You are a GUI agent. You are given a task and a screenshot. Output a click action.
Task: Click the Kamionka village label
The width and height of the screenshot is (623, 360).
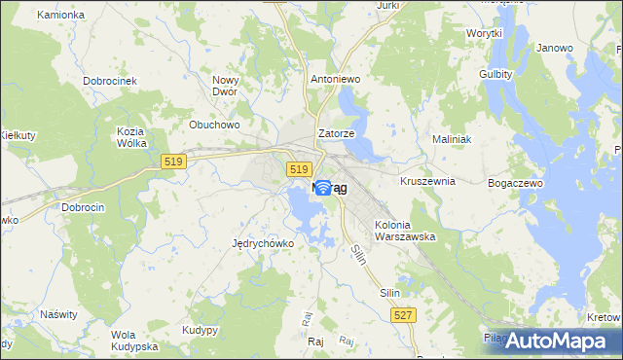tap(59, 16)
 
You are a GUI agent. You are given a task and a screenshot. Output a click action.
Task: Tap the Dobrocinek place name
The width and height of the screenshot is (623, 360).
tap(109, 82)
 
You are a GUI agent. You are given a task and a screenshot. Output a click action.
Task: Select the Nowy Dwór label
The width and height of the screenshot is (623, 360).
tap(226, 87)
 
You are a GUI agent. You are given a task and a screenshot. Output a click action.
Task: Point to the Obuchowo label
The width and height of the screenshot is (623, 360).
tap(214, 125)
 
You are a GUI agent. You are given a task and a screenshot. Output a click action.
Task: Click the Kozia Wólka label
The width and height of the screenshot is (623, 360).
tap(130, 137)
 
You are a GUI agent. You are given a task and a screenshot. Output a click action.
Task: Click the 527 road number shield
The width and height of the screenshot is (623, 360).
tap(404, 314)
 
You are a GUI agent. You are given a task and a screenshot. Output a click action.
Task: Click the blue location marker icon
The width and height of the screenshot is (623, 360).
tap(322, 189)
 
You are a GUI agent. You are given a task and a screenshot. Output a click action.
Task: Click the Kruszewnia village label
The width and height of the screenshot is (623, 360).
tap(427, 181)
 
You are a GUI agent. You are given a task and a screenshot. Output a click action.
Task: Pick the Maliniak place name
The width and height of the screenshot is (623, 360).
tap(452, 139)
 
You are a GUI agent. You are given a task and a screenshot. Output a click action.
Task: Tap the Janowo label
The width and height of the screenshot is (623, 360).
tap(554, 48)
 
